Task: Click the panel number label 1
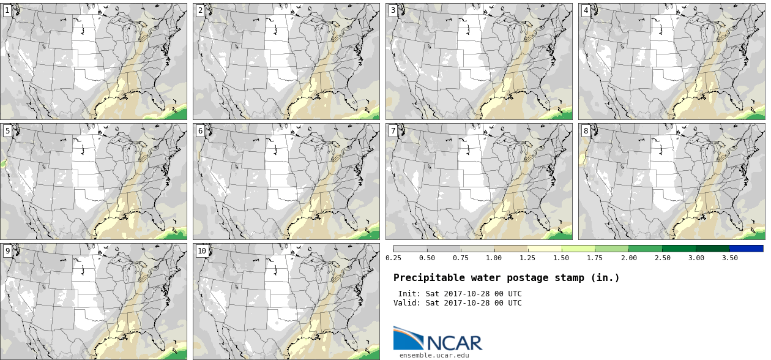(x=7, y=10)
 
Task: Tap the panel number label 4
(x=586, y=10)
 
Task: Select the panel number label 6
(x=200, y=130)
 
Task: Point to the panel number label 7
(x=393, y=130)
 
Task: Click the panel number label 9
(x=7, y=250)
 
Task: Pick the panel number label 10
(x=202, y=250)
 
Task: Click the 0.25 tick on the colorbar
(x=393, y=258)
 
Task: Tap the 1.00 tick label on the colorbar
(x=494, y=258)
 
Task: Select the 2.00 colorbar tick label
(x=629, y=258)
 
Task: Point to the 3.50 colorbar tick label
(x=729, y=258)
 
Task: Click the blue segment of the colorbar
(x=747, y=249)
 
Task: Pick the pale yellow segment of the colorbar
(x=545, y=249)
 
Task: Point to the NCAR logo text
(x=455, y=343)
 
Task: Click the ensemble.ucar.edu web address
(x=434, y=355)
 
